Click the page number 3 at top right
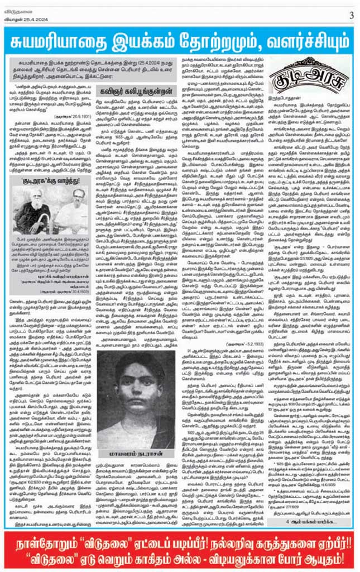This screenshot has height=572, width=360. click(351, 15)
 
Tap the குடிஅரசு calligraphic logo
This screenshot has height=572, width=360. click(294, 82)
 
